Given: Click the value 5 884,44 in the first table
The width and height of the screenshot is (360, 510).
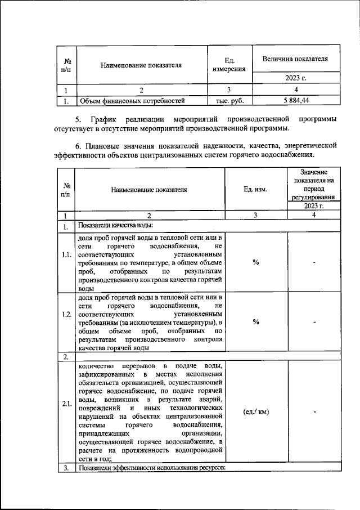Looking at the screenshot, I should tap(296, 101).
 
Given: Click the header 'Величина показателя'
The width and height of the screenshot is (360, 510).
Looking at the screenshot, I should tap(296, 59).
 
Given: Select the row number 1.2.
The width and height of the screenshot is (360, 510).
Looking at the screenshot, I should tap(67, 322).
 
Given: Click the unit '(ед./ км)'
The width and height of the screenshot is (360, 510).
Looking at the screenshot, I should tap(256, 411).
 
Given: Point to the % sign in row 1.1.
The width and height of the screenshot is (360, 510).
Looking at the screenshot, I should tap(256, 263).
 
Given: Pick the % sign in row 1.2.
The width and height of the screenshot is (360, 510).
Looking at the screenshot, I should tap(256, 322).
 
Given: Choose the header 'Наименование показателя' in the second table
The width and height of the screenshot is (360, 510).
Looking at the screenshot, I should tap(149, 191).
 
